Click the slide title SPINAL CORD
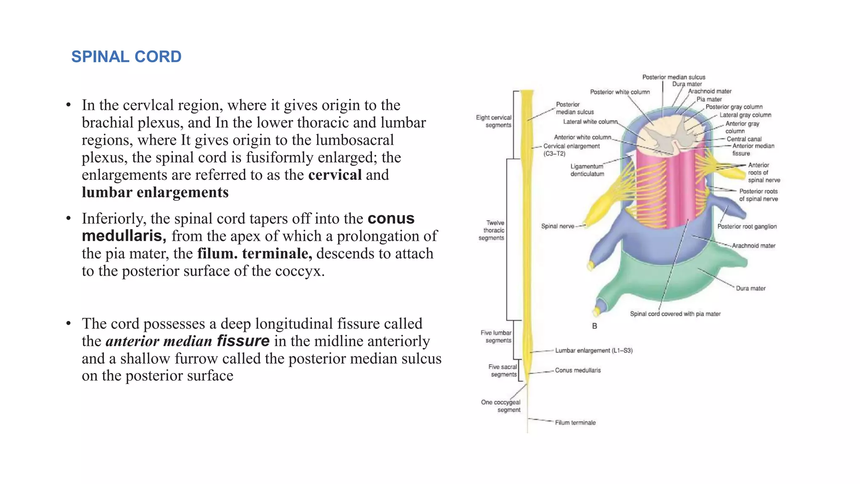126,57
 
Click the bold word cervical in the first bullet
335,175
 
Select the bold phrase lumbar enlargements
155,192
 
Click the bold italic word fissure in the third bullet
243,341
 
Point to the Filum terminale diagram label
575,423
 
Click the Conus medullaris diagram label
578,370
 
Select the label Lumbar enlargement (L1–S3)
593,350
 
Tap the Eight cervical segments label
494,121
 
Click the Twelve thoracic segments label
492,230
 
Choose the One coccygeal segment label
501,406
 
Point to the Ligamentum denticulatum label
587,170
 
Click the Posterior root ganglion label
747,226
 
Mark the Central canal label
744,139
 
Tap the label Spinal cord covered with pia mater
675,314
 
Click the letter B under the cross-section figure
594,326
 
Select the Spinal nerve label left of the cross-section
557,226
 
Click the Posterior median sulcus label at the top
674,77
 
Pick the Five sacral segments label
503,371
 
